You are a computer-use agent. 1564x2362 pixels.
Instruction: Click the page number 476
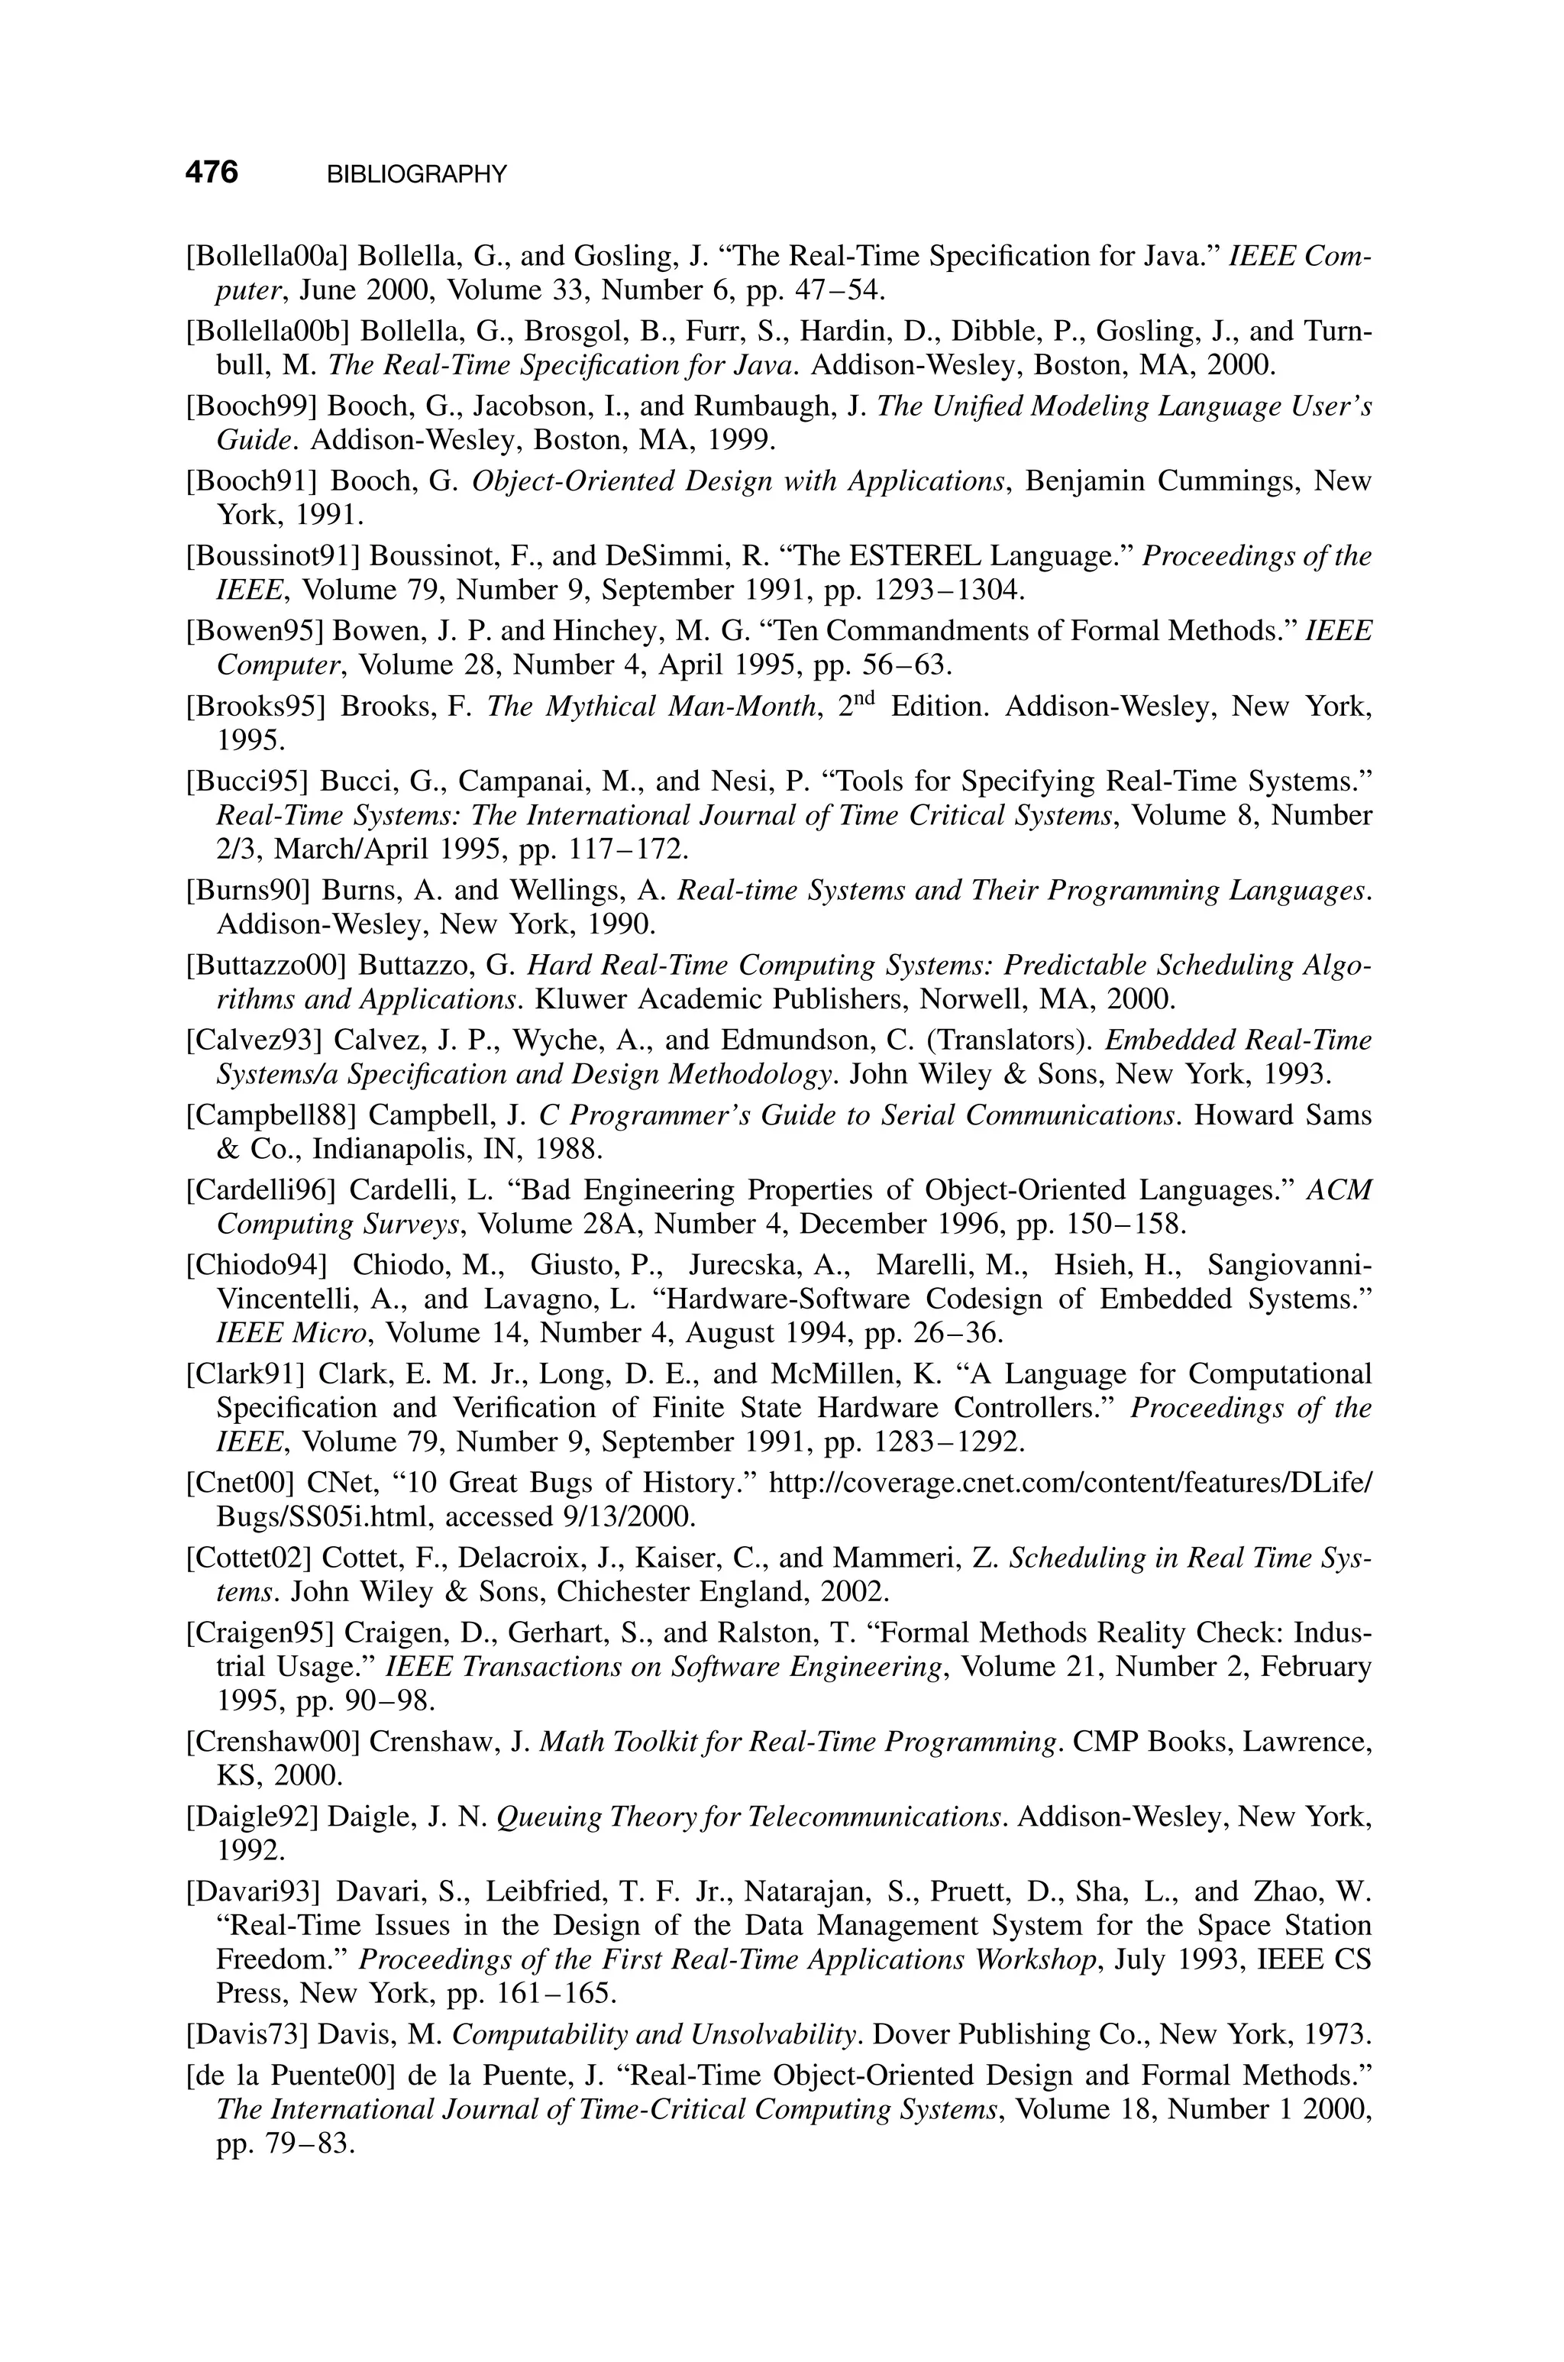pos(212,173)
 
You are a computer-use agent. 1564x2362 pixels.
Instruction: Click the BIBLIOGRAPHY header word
pos(417,175)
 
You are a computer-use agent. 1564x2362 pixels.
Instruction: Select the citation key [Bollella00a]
pos(267,257)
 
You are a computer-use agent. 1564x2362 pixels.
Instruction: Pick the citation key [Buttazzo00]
pos(265,965)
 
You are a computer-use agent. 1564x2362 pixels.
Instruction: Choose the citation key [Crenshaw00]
pos(271,1741)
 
